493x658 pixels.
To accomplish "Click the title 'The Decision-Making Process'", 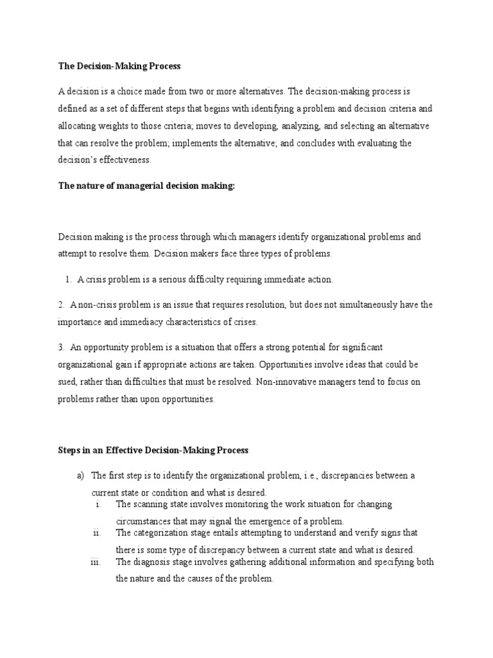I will click(x=119, y=66).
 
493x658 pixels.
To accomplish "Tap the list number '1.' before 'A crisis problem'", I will click(x=68, y=280).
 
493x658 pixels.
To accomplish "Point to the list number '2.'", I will click(x=61, y=305).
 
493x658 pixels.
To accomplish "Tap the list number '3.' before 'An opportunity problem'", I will click(x=61, y=347).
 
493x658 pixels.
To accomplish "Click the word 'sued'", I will click(x=67, y=382).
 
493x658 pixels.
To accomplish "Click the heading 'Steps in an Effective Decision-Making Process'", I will click(x=153, y=450).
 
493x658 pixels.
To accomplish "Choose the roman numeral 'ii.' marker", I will click(x=97, y=533).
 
